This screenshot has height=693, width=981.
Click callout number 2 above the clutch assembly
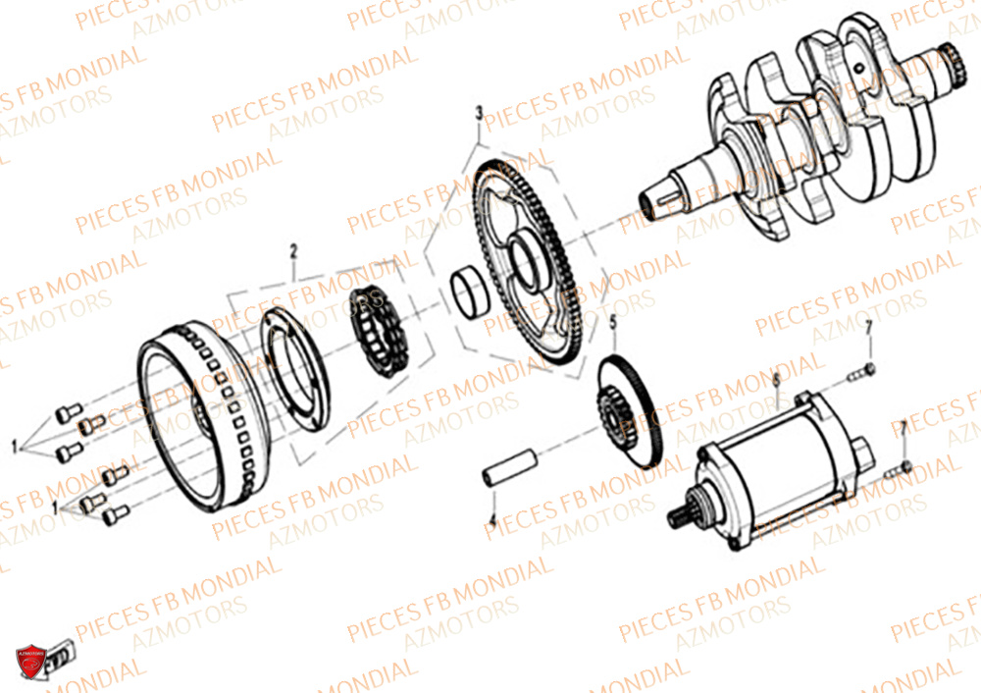(x=293, y=252)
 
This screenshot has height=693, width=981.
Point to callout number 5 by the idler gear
(x=613, y=321)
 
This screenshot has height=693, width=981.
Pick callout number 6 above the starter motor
(x=776, y=378)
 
